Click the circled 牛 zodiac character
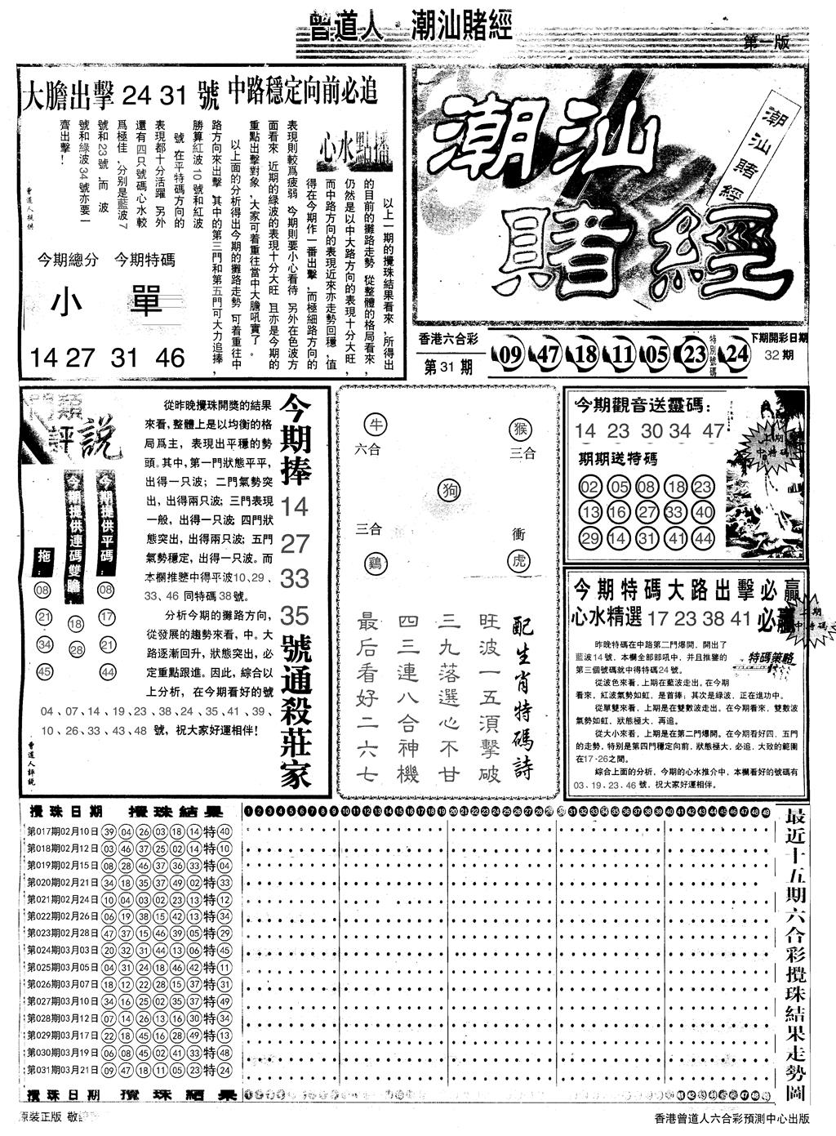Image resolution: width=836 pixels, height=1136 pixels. [377, 423]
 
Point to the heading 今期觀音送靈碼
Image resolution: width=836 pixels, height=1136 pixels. [642, 406]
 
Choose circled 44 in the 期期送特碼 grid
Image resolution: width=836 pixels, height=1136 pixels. [700, 538]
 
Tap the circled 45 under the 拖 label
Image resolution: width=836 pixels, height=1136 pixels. [45, 671]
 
